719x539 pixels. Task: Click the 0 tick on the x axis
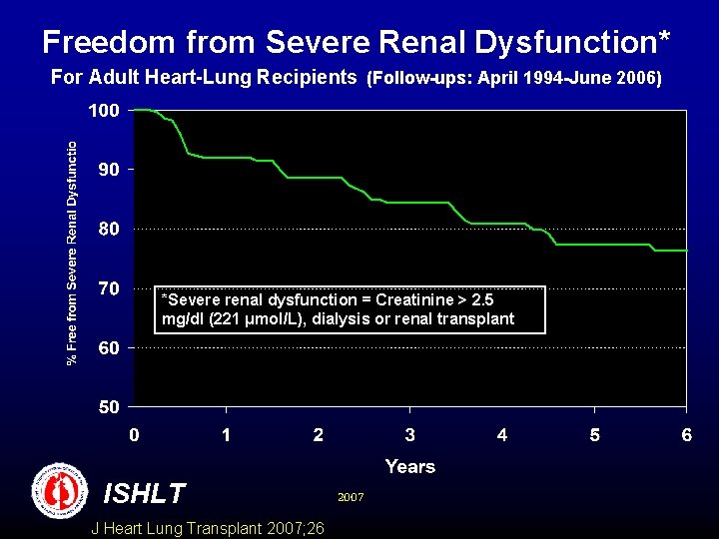134,435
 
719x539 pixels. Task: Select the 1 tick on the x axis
227,435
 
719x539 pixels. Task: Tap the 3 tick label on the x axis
410,435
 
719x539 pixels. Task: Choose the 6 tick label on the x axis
686,435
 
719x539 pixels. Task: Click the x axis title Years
409,466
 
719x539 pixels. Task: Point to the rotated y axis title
73,253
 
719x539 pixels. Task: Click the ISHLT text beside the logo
144,493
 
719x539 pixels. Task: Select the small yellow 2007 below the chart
351,495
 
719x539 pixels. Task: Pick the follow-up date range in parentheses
514,77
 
